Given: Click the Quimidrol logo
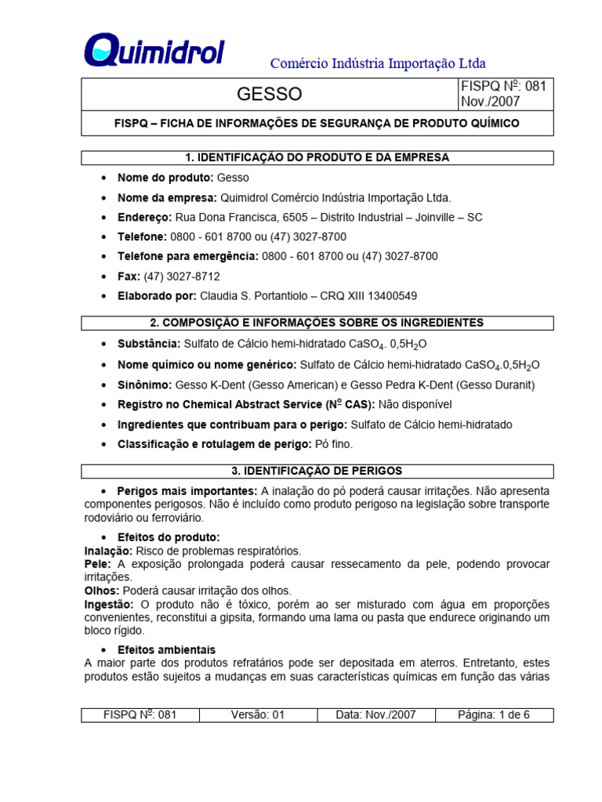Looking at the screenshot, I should tap(154, 51).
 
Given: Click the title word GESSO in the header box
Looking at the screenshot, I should tap(269, 95).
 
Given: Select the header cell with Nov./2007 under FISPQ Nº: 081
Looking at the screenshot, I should tap(490, 102).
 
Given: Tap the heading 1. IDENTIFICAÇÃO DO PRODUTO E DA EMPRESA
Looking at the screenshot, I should tap(317, 157).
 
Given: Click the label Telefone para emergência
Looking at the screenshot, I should tap(187, 256).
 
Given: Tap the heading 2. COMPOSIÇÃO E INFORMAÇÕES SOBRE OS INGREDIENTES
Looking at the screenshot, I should tap(317, 323).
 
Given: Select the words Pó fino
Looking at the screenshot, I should tap(334, 444).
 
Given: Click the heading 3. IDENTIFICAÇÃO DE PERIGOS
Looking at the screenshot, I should tap(317, 471).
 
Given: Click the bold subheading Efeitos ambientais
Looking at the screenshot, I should tap(166, 650).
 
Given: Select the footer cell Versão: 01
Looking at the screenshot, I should tap(258, 714).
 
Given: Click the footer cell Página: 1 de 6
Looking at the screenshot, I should tap(494, 714).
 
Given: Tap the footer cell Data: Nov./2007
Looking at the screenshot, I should tap(375, 714).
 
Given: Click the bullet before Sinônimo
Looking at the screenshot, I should tap(104, 385).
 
